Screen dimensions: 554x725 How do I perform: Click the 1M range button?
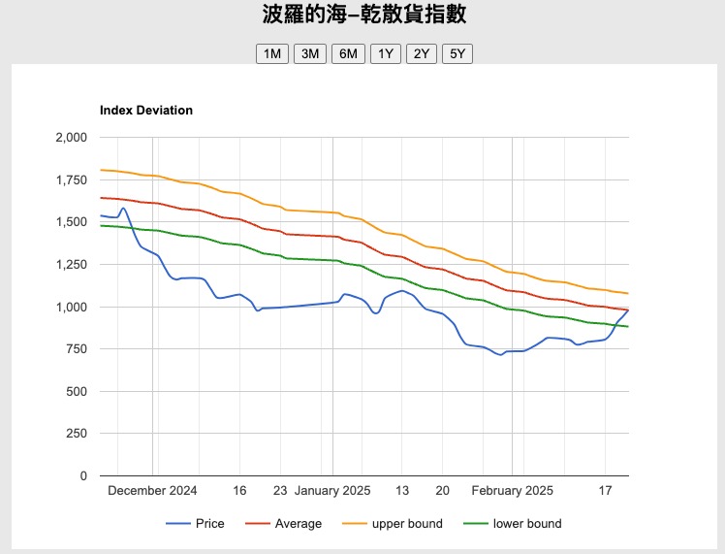tap(272, 53)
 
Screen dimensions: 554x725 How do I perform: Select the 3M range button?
tap(310, 53)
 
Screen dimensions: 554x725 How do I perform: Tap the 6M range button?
tap(348, 53)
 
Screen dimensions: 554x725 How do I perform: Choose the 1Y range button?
tap(386, 53)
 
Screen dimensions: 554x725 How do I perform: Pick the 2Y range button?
tap(422, 53)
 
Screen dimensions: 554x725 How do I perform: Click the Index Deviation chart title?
tap(146, 111)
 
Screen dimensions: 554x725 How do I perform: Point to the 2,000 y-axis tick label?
tap(72, 137)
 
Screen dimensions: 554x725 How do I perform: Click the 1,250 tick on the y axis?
tap(72, 265)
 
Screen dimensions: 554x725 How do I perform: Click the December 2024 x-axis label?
tap(152, 491)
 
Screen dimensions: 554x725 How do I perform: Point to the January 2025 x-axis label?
tap(332, 491)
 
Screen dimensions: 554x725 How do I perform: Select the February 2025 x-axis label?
tap(513, 491)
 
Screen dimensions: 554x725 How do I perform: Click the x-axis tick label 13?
tap(402, 491)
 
